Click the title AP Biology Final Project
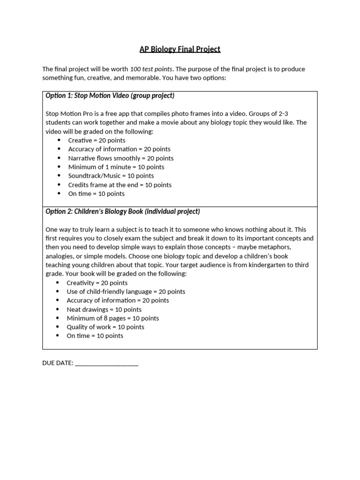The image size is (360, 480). [x=180, y=49]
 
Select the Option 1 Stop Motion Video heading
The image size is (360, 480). [x=110, y=96]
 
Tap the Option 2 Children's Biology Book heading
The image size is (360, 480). [x=122, y=211]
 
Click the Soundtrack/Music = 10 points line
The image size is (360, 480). [x=111, y=176]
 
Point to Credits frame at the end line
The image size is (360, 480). [x=120, y=185]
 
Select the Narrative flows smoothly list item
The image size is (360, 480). [x=121, y=158]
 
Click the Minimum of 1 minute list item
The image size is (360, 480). [x=116, y=167]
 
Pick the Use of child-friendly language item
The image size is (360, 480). [x=126, y=292]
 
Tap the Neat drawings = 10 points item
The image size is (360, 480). [x=104, y=309]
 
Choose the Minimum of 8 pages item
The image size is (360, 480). [x=112, y=318]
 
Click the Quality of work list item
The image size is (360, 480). [x=105, y=327]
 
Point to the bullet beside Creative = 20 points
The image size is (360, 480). [x=59, y=140]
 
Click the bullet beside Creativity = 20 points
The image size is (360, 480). [x=58, y=283]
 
